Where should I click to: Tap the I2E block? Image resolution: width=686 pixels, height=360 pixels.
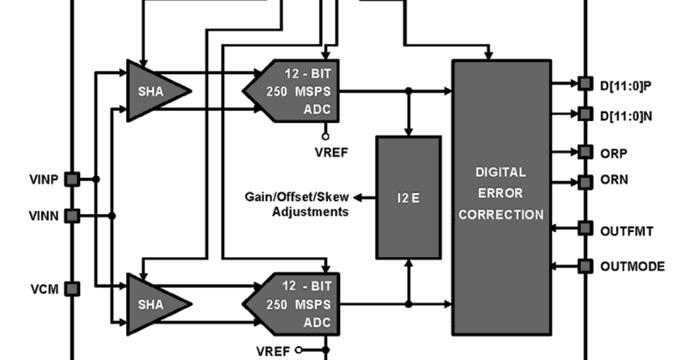tap(408, 198)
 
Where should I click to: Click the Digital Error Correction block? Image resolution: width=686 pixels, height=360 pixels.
tap(501, 197)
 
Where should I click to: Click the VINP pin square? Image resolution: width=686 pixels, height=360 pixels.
tap(72, 179)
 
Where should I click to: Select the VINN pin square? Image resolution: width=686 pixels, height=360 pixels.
tap(72, 215)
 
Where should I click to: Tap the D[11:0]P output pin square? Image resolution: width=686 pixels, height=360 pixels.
tap(584, 83)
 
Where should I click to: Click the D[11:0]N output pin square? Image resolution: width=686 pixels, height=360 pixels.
tap(584, 114)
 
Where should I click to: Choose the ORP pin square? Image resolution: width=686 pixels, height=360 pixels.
tap(584, 152)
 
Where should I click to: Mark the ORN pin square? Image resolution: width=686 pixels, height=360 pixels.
tap(584, 182)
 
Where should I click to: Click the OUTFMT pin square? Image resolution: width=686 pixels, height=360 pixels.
tap(584, 229)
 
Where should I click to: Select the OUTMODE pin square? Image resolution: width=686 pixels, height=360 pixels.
tap(584, 266)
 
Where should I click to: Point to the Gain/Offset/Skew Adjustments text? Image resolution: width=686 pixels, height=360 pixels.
tap(297, 205)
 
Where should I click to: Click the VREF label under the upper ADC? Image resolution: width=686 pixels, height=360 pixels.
tap(329, 152)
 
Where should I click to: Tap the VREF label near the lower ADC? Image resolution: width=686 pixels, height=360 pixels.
tap(273, 350)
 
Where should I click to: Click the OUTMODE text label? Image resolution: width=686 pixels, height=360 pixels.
tap(632, 266)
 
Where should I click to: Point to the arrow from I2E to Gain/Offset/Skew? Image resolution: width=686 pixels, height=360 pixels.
tap(365, 198)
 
